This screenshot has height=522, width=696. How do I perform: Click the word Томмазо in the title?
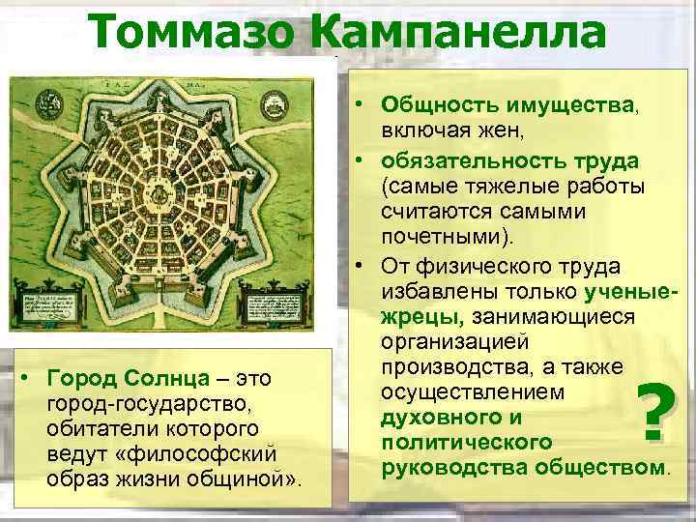198,32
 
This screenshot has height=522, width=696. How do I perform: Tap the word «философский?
218,453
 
